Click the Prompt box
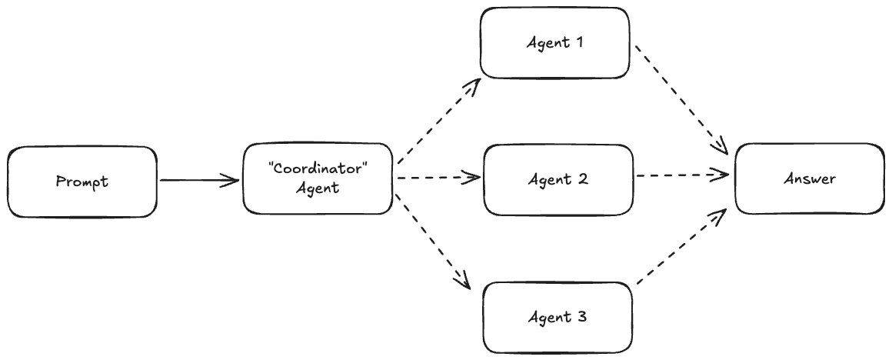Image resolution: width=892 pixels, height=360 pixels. (82, 182)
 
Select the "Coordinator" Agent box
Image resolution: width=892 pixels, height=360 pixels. (318, 178)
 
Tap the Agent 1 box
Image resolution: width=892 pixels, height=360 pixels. (554, 43)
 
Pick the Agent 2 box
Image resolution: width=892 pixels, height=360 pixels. (558, 179)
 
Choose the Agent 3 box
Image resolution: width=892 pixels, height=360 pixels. (558, 316)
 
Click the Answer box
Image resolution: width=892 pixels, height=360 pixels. (809, 178)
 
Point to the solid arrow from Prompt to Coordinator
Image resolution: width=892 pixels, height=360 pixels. (198, 182)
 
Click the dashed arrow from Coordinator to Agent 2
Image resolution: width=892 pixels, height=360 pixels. (437, 178)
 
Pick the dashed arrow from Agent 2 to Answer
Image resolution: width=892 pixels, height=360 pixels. (681, 175)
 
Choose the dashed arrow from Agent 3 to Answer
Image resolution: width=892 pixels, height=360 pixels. (681, 250)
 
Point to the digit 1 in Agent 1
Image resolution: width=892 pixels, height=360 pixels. (578, 43)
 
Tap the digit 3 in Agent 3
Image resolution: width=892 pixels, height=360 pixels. (583, 316)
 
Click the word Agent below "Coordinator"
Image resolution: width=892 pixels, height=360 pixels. (318, 188)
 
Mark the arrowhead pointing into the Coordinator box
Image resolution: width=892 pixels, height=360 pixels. (231, 182)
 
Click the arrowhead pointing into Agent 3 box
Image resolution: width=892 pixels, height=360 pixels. (463, 280)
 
